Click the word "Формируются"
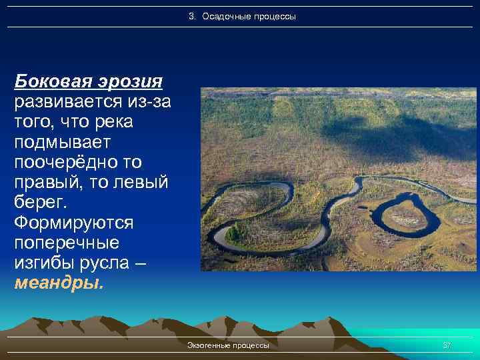click(73, 222)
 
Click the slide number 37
click(447, 345)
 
